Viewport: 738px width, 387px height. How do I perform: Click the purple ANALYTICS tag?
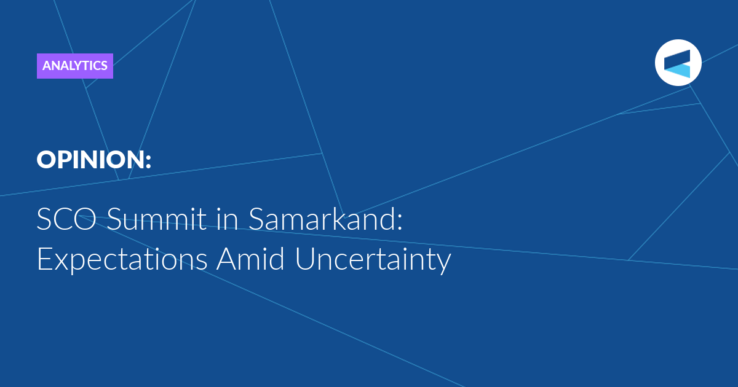click(x=75, y=66)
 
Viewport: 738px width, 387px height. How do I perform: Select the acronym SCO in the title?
click(x=66, y=219)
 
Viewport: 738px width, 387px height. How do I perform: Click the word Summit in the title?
click(x=157, y=219)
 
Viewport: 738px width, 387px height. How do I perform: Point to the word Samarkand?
click(x=322, y=219)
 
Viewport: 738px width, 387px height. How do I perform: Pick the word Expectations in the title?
click(x=122, y=259)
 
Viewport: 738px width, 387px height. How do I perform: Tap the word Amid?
click(x=251, y=259)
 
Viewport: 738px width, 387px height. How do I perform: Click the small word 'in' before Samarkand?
click(x=228, y=219)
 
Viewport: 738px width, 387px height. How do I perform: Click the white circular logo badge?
click(x=678, y=63)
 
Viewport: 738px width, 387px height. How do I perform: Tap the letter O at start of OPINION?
click(x=46, y=160)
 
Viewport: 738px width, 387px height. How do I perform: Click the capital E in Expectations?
click(x=44, y=259)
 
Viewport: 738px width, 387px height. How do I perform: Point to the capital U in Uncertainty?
click(x=305, y=259)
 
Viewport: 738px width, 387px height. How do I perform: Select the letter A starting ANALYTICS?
click(x=47, y=66)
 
